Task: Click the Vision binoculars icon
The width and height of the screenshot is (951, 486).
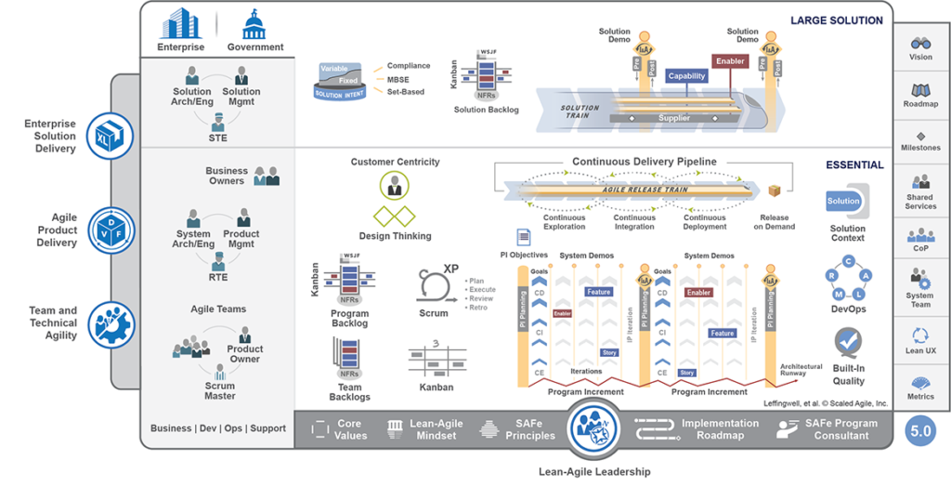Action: tap(920, 43)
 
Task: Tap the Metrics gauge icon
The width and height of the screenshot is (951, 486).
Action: tap(920, 383)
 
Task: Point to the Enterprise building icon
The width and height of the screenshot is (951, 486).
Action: tap(181, 23)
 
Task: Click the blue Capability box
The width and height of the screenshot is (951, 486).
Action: tap(687, 76)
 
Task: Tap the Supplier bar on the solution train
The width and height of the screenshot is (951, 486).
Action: tap(674, 119)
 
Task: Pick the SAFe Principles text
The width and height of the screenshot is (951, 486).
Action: tap(530, 429)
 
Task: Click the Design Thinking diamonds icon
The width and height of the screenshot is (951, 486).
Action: tap(395, 217)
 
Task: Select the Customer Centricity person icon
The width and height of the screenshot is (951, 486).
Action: tap(395, 185)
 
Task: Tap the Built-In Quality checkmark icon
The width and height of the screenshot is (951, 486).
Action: tap(847, 343)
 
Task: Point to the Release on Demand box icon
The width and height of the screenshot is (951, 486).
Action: tap(774, 190)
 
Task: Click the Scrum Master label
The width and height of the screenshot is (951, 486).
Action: tap(220, 390)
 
